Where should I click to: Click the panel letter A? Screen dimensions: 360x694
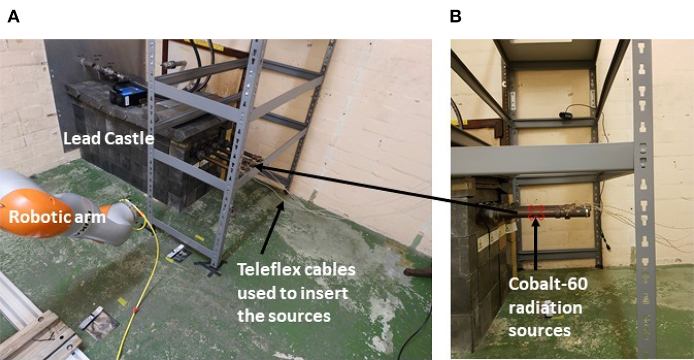(x=13, y=17)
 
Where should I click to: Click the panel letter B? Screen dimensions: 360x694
(x=456, y=17)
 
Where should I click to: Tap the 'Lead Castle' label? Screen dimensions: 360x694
(x=108, y=140)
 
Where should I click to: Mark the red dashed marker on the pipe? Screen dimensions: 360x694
(x=536, y=212)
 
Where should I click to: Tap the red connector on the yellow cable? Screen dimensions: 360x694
(x=136, y=309)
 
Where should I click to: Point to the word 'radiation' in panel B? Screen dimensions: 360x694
(x=545, y=308)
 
